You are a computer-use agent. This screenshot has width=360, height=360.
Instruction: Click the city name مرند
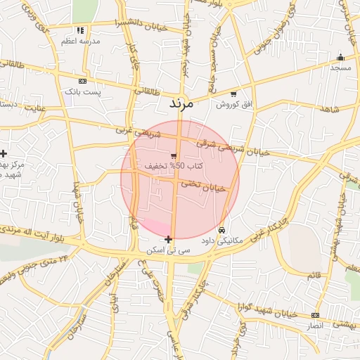pos(181,103)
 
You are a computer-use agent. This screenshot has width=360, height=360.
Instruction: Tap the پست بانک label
pos(83,92)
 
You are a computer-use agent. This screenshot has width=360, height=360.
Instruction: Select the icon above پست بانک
pos(82,81)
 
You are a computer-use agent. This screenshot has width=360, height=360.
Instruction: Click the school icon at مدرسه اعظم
pos(80,30)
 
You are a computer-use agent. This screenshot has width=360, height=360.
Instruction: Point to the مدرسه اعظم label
pos(80,41)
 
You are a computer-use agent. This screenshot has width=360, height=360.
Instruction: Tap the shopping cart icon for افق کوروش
pos(233,94)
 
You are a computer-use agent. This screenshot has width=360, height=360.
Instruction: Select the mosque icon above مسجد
pos(341,58)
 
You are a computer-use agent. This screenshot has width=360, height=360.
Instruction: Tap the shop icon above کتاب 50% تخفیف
pos(174,155)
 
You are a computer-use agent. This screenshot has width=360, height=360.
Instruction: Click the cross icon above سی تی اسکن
pos(168,240)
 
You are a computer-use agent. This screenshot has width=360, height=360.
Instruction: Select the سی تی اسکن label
pos(167,250)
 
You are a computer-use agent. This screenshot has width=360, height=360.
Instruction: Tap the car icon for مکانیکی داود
pos(222,230)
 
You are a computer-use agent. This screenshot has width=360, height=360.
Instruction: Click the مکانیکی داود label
pos(221,240)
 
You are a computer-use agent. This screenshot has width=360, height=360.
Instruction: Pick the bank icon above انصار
pos(315,315)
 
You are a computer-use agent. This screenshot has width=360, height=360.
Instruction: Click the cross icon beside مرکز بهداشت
pos(4,153)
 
